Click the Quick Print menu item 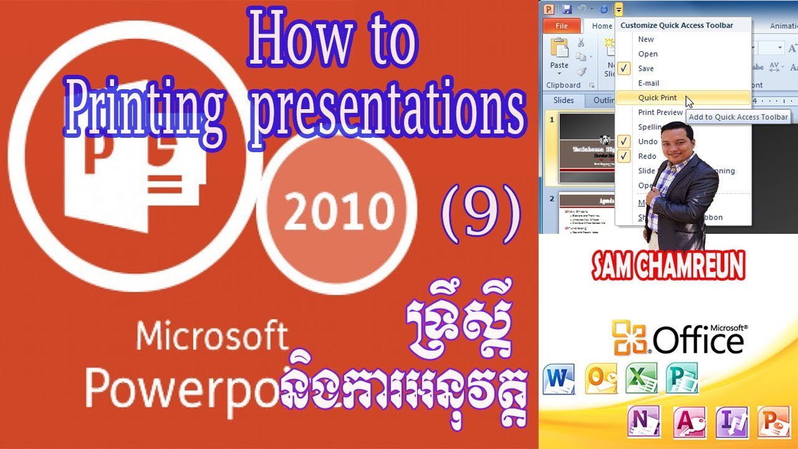pos(657,98)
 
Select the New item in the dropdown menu pos(646,39)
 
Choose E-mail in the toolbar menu pos(648,83)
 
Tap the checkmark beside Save pos(625,69)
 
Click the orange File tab pos(561,26)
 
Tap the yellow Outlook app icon pos(600,379)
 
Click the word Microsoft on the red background pos(212,337)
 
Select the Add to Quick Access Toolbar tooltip pos(739,117)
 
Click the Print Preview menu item pos(660,112)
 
